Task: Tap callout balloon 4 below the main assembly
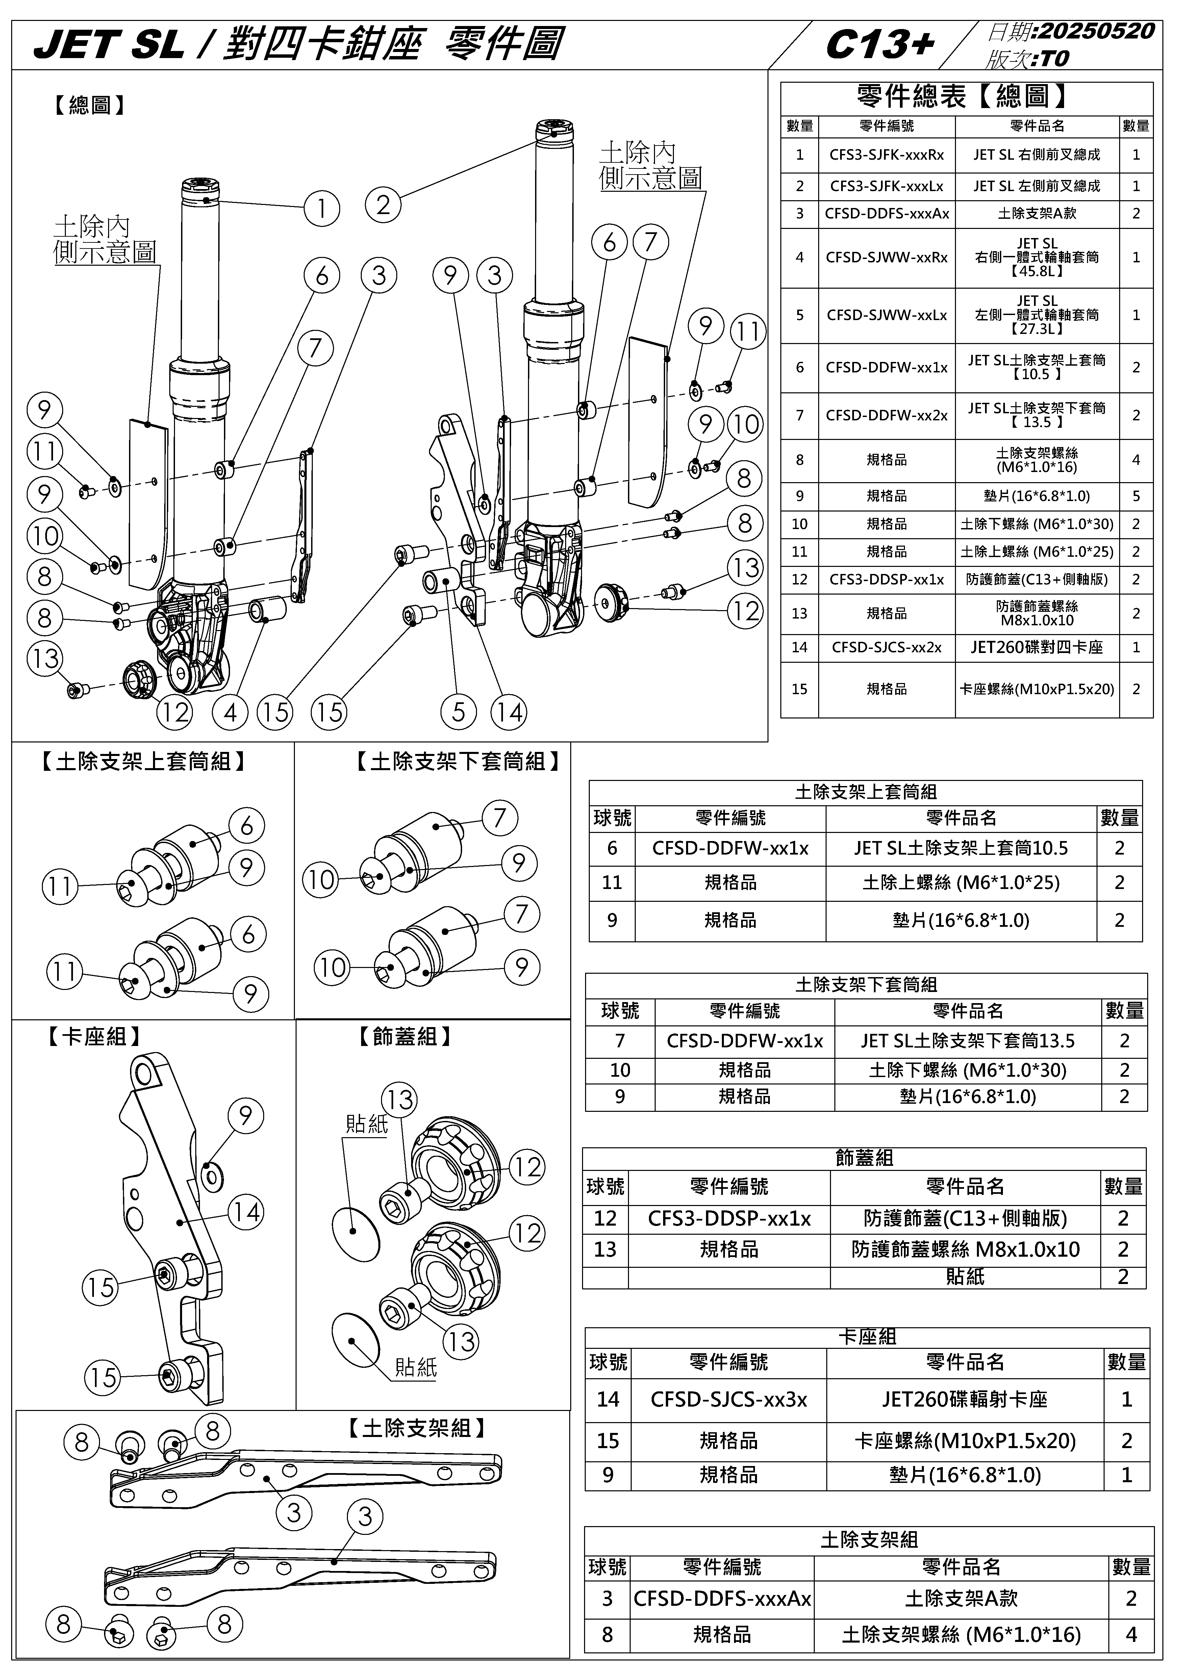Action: point(231,712)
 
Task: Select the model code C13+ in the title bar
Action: point(879,45)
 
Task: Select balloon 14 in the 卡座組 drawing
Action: point(246,1212)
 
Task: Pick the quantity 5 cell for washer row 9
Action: point(1135,496)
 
